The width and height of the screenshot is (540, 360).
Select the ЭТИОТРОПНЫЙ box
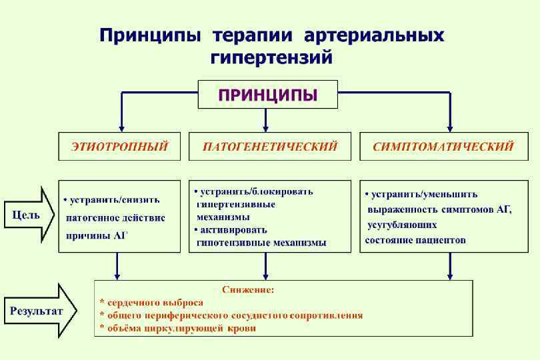click(119, 146)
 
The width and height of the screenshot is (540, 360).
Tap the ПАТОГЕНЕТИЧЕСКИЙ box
click(270, 146)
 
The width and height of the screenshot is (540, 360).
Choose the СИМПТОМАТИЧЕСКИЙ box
click(443, 146)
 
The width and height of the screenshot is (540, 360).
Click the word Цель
click(26, 215)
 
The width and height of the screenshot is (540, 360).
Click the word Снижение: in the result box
click(248, 290)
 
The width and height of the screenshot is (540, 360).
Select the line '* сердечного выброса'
click(151, 303)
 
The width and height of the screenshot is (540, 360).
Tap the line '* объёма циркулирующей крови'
click(177, 328)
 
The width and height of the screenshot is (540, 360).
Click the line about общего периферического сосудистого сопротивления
click(231, 315)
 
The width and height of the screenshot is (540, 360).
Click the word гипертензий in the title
click(271, 59)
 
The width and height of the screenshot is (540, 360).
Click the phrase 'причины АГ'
click(95, 235)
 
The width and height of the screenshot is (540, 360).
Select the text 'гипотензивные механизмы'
click(261, 243)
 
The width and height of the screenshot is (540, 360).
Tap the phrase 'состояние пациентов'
click(415, 239)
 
